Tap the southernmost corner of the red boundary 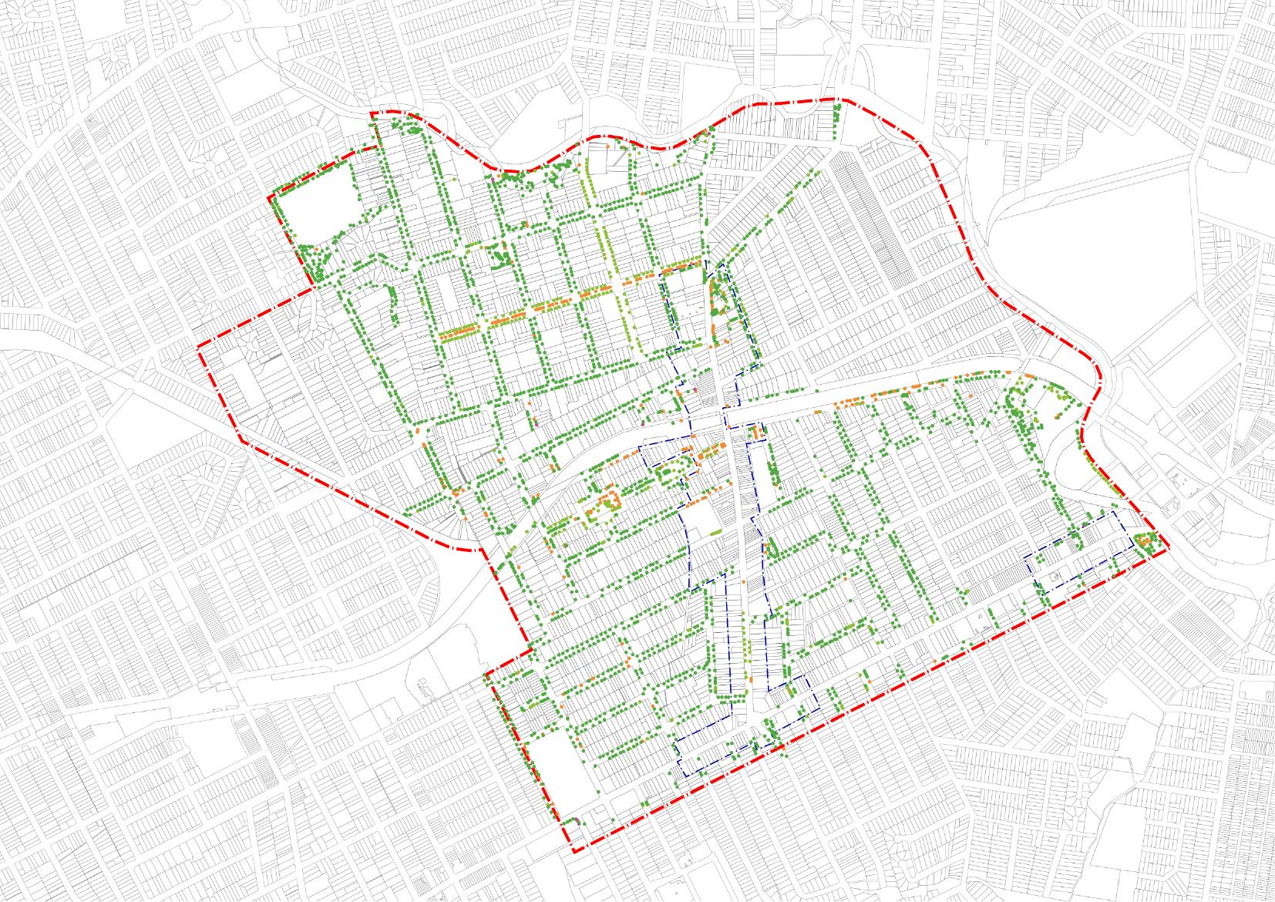click(574, 851)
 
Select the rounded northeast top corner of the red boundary click(846, 100)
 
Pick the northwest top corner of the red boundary click(372, 114)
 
